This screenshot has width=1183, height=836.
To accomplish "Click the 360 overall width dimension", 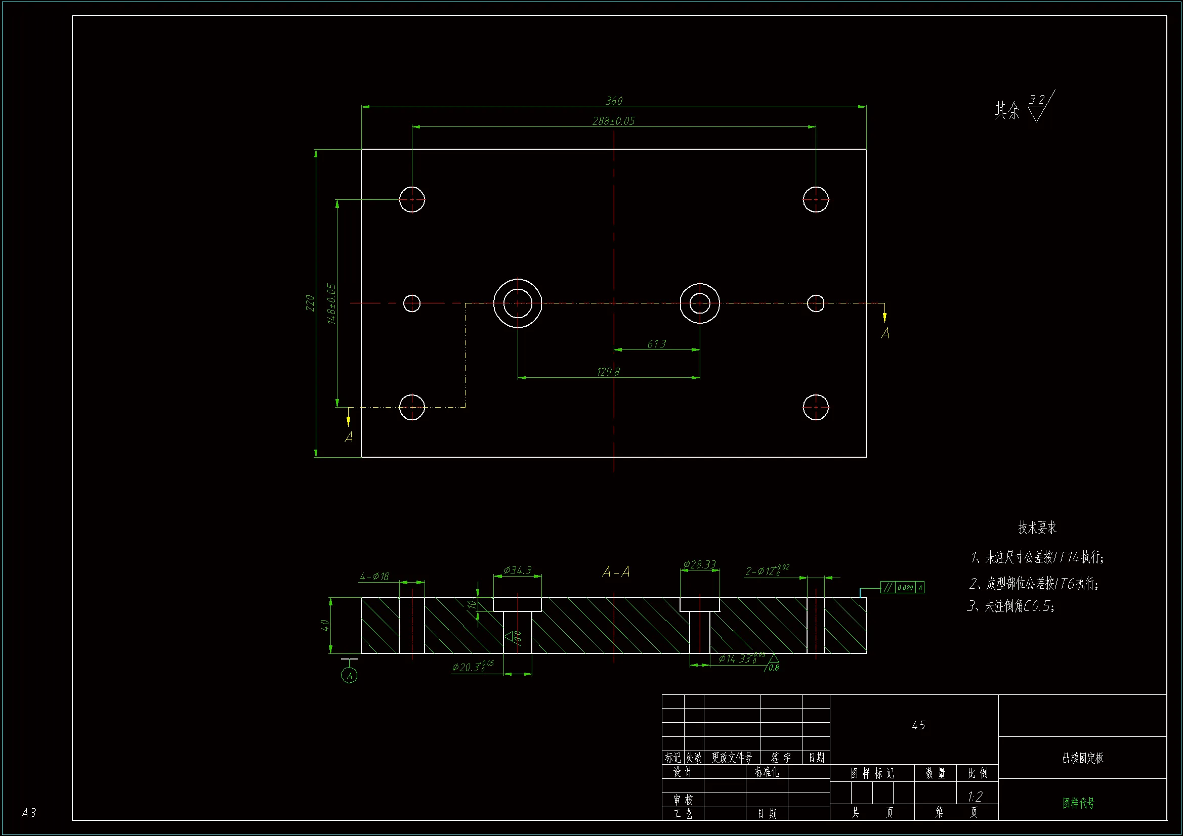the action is click(614, 101).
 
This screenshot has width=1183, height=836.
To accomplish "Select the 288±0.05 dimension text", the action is click(614, 121).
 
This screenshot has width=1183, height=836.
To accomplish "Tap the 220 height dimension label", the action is click(310, 303).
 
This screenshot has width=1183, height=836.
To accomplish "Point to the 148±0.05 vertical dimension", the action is click(331, 304).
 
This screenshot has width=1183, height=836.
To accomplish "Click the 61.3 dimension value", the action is click(656, 343).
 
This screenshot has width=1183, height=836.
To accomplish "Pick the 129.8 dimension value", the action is click(608, 371).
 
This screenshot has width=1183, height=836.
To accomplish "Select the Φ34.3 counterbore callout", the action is click(517, 570).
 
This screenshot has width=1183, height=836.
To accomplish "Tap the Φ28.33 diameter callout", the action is click(699, 564).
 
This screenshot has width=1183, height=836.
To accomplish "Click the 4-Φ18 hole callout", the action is click(374, 577).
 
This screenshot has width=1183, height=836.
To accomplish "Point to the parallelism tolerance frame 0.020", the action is click(902, 587).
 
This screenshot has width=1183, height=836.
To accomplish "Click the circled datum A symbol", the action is click(349, 676).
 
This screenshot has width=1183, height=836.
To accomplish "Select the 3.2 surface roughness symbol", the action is click(1039, 106).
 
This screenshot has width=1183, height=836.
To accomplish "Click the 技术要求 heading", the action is click(1037, 527).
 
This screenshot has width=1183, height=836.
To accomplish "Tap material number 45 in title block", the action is click(918, 725).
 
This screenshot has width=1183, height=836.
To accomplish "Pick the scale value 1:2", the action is click(975, 797).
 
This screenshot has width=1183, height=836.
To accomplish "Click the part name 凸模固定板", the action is click(1082, 758).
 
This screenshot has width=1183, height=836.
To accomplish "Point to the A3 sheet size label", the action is click(29, 812).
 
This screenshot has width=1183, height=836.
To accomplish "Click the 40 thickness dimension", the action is click(325, 625).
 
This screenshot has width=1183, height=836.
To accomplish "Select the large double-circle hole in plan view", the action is click(517, 303).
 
